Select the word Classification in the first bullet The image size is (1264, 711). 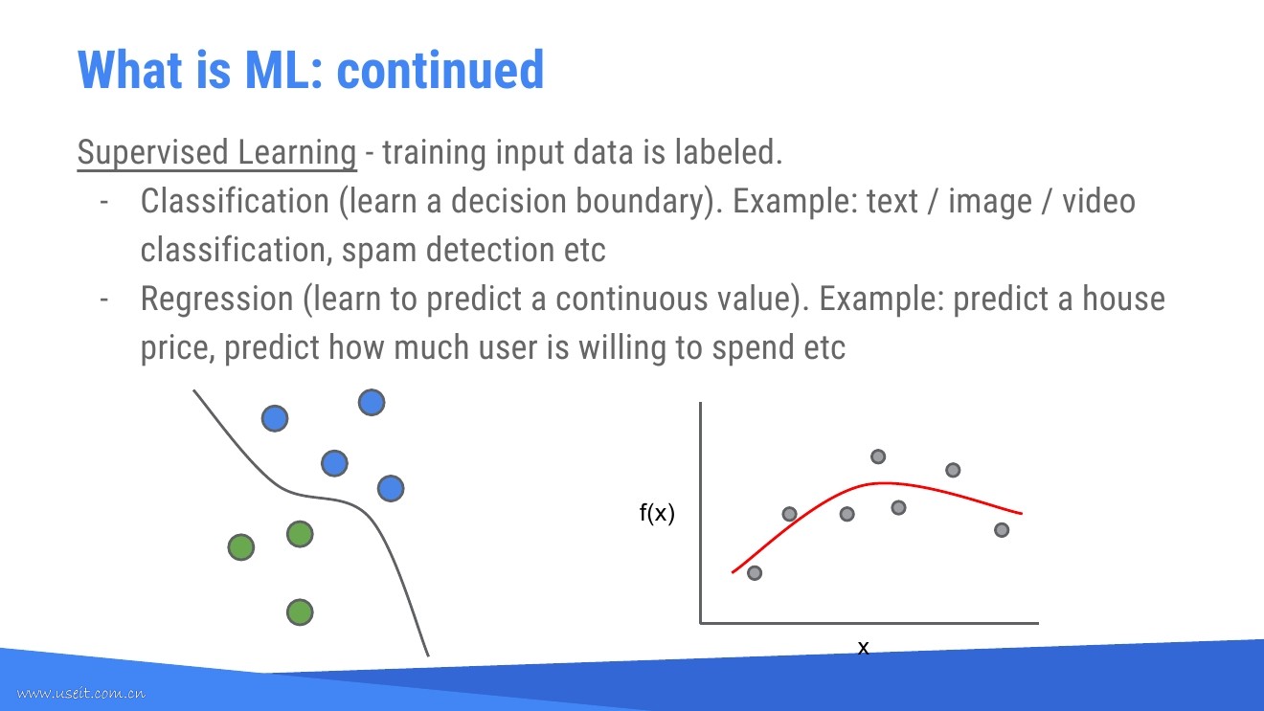coord(235,201)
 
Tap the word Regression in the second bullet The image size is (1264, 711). coord(217,299)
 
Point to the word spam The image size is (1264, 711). coord(379,251)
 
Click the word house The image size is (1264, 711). coord(1123,299)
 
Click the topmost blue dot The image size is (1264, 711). coord(372,403)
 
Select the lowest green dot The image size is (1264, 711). coord(300,611)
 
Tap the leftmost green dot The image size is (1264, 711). coord(241,547)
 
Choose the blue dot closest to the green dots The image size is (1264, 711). coord(391,488)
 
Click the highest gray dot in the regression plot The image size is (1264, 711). coord(878,456)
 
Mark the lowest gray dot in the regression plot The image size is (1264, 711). coord(755,573)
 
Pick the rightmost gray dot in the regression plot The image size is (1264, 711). coord(1002,530)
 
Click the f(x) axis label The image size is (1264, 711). coord(657,513)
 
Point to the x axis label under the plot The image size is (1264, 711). coord(864,647)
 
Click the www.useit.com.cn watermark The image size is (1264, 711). coord(80,693)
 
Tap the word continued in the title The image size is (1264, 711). coord(440,70)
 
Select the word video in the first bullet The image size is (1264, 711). coord(1098,201)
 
